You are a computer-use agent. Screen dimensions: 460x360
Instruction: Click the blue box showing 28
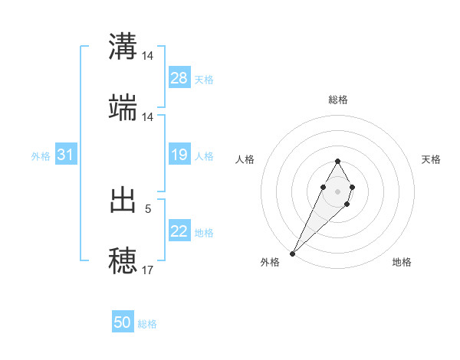point(179,78)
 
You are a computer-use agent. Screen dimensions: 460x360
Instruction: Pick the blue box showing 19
point(179,155)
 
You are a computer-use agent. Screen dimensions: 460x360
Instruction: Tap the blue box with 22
point(179,232)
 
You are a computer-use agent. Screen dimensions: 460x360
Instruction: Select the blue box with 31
point(66,155)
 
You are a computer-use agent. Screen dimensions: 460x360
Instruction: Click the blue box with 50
point(123,323)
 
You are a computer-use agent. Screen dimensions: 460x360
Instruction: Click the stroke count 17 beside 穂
point(147,270)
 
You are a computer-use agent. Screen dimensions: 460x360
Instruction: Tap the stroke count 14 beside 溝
point(147,56)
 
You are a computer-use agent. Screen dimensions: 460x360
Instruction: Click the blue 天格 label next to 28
point(204,79)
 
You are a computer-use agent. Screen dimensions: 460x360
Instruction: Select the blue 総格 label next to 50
point(147,324)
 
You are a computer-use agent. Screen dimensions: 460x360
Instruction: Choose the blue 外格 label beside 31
point(41,156)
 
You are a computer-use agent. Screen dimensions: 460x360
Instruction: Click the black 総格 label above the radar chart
point(337,100)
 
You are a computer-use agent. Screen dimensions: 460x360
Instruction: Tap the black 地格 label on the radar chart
point(402,262)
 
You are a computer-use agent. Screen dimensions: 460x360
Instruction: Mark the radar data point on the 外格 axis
point(292,253)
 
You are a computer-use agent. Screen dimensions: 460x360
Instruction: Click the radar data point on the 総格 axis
point(337,161)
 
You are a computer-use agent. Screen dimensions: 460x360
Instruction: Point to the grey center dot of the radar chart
point(337,190)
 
